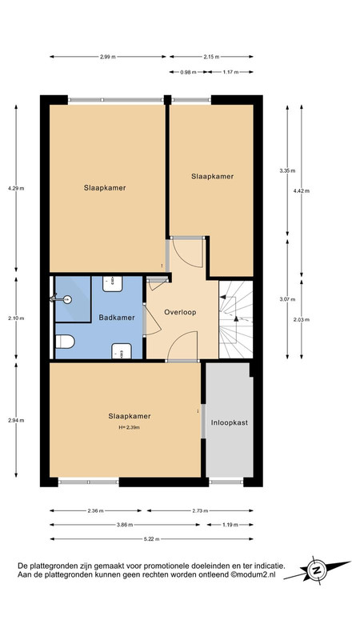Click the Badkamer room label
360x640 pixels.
point(117,317)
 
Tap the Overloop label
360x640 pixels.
point(180,312)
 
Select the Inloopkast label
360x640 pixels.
point(230,423)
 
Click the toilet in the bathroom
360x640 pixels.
point(65,342)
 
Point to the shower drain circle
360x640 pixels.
point(67,300)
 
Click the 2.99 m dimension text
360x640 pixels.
point(108,57)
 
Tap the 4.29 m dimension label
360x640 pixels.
point(16,189)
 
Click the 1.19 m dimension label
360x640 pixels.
point(230,525)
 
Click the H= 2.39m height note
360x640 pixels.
point(129,428)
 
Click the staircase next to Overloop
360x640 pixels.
point(236,319)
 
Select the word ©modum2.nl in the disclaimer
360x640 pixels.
point(253,574)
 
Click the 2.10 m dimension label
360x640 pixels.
point(16,318)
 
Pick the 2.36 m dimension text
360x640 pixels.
point(95,510)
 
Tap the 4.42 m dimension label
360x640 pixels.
point(302,190)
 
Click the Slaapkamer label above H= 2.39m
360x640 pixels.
point(130,416)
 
